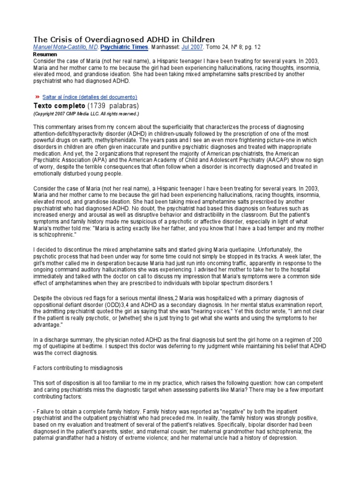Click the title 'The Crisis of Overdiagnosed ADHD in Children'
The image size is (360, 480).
[x=124, y=39]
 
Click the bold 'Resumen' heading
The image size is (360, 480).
[x=44, y=54]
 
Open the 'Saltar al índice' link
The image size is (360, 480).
[x=90, y=97]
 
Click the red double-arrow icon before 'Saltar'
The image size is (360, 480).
[x=37, y=97]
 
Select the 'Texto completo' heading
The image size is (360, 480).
[x=59, y=106]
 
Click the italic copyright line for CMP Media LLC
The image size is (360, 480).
[x=86, y=114]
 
